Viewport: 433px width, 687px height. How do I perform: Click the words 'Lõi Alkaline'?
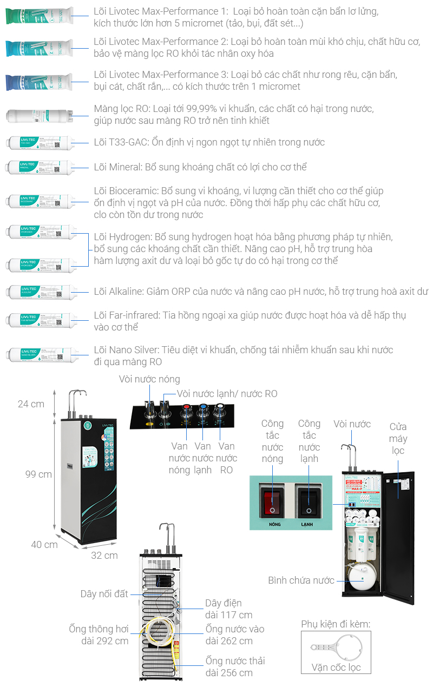[119, 292]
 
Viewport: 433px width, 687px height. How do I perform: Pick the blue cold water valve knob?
[203, 408]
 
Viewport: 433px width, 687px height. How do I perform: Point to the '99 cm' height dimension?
[38, 474]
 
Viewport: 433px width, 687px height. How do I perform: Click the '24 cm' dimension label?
[31, 404]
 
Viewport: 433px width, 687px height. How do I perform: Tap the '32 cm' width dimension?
[104, 555]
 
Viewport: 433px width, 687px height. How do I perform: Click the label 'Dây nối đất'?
[104, 594]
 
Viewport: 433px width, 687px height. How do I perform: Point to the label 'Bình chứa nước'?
[301, 580]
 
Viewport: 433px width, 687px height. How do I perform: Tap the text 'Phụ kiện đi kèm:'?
[336, 624]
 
